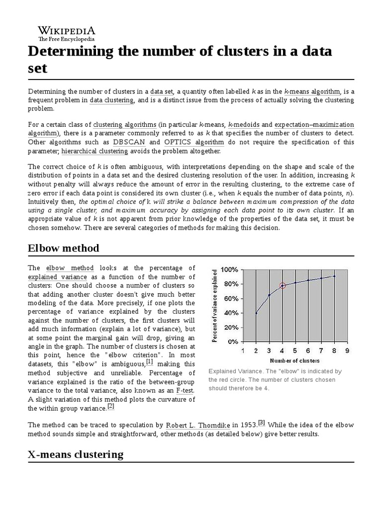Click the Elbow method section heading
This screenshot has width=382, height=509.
[x=63, y=248]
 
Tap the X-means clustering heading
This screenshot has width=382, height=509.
[x=75, y=454]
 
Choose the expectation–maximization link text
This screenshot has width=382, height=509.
[x=314, y=124]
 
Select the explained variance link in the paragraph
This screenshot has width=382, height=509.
[x=57, y=276]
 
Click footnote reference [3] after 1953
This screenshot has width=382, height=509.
[x=262, y=423]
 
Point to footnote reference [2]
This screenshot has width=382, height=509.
[x=111, y=406]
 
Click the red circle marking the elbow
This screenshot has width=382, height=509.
[x=283, y=285]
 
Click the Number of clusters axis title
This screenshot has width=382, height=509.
[x=295, y=360]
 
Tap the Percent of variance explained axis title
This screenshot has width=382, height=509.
[x=215, y=306]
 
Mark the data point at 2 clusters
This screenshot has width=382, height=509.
[x=256, y=313]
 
